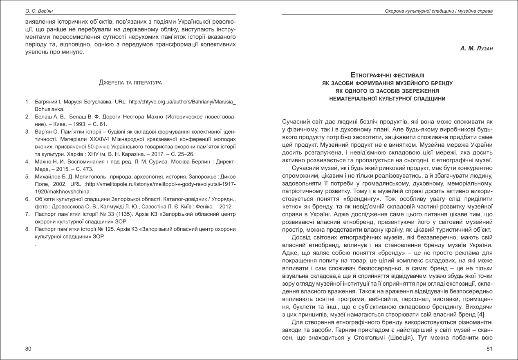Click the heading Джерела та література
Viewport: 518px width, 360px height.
pos(130,83)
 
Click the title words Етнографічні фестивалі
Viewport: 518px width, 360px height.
pos(388,76)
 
